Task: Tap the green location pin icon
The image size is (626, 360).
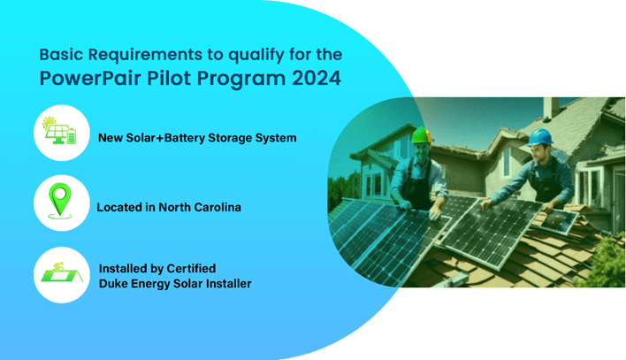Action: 61,203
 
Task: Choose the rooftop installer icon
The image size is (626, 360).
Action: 61,275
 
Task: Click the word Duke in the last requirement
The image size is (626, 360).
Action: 114,284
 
